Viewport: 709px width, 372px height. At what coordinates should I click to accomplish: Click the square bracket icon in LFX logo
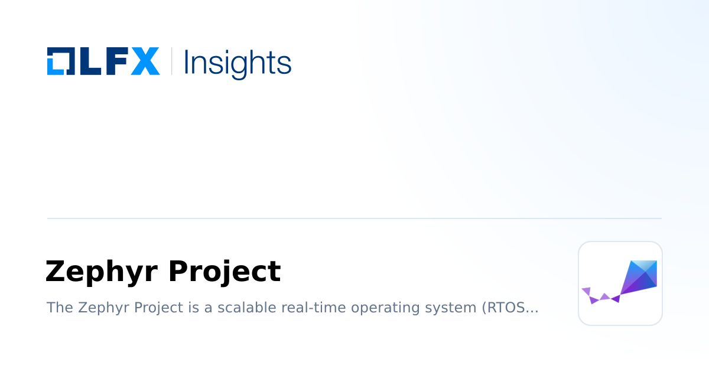(60, 61)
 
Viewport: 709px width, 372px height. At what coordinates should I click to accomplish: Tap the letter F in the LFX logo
(115, 61)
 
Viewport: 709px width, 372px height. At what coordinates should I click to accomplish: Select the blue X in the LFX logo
(145, 61)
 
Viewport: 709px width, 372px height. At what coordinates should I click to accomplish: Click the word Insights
(238, 63)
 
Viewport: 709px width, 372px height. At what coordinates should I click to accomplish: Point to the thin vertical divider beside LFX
(171, 61)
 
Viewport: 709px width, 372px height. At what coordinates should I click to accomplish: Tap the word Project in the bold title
(224, 272)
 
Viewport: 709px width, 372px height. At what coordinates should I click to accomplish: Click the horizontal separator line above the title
(354, 218)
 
